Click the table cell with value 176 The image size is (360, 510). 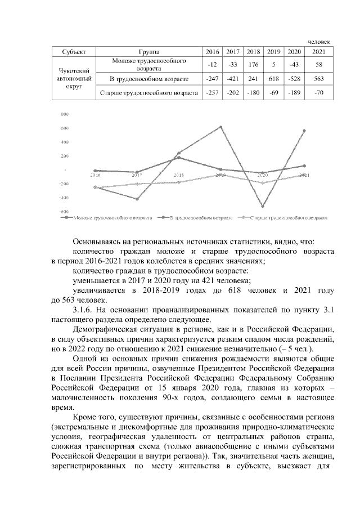tap(253, 64)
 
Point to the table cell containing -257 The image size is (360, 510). tap(213, 92)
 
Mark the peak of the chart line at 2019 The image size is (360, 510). tap(221, 127)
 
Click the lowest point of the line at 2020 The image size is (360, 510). tap(263, 206)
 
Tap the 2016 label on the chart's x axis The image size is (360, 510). tap(95, 175)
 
